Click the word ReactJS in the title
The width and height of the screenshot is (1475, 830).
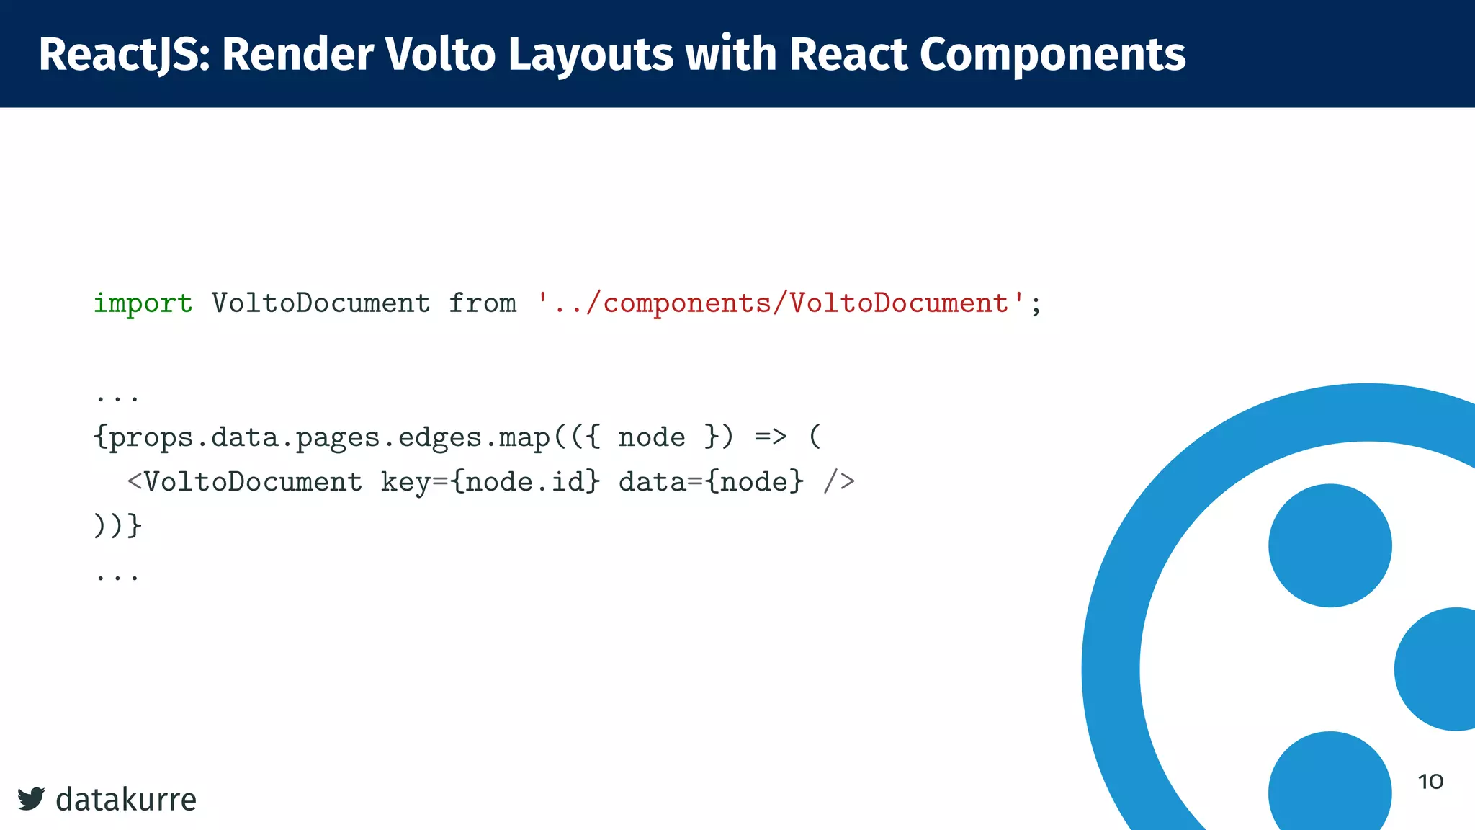pyautogui.click(x=124, y=55)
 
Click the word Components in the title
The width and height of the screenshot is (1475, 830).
pyautogui.click(x=1052, y=55)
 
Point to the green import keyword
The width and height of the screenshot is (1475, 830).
pyautogui.click(x=143, y=303)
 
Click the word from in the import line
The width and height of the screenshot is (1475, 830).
pyautogui.click(x=483, y=303)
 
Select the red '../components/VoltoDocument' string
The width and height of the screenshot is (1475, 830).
pyautogui.click(x=781, y=303)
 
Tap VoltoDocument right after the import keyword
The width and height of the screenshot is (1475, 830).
pyautogui.click(x=320, y=303)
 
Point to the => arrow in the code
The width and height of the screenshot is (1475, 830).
pyautogui.click(x=771, y=437)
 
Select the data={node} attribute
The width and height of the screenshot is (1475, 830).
pyautogui.click(x=711, y=482)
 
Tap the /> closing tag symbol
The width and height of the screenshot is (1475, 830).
pyautogui.click(x=839, y=482)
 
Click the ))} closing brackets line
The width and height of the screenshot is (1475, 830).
pyautogui.click(x=118, y=525)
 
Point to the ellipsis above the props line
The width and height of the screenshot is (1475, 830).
pyautogui.click(x=117, y=397)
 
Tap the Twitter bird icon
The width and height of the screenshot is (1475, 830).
pyautogui.click(x=31, y=799)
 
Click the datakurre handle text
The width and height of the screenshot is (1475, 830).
pyautogui.click(x=126, y=799)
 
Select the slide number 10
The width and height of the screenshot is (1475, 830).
pyautogui.click(x=1430, y=782)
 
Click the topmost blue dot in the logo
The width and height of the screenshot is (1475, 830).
pyautogui.click(x=1330, y=545)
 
